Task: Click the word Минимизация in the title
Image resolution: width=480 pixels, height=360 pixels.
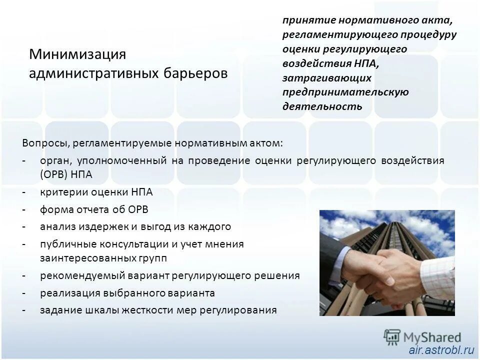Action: pyautogui.click(x=77, y=54)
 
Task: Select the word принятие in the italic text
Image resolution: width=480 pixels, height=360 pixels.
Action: pyautogui.click(x=306, y=21)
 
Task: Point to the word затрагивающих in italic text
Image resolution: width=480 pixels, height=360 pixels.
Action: pyautogui.click(x=326, y=78)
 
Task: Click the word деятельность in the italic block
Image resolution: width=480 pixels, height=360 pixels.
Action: pyautogui.click(x=322, y=106)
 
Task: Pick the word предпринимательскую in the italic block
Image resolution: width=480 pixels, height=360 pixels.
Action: pyautogui.click(x=345, y=92)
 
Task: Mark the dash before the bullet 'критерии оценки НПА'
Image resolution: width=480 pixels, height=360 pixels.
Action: pyautogui.click(x=24, y=192)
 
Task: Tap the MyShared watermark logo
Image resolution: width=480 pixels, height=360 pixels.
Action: pyautogui.click(x=422, y=336)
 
